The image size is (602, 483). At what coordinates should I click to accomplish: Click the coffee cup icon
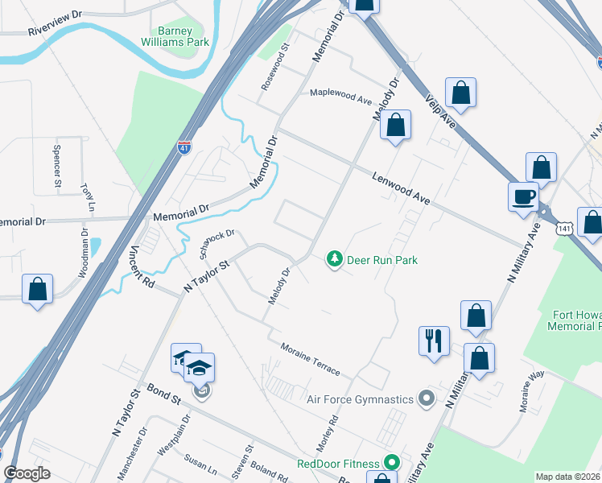tap(523, 196)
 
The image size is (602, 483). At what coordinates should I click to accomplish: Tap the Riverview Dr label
tap(56, 31)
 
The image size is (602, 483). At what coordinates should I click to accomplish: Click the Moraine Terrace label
tap(310, 359)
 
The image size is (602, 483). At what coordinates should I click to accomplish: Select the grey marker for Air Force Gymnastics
tap(427, 398)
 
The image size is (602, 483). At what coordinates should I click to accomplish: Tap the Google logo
tap(27, 473)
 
